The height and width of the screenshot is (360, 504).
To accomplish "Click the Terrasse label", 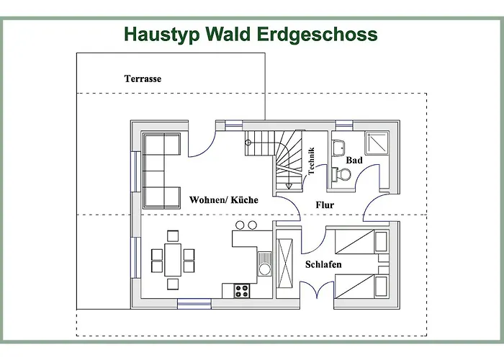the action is pyautogui.click(x=143, y=78).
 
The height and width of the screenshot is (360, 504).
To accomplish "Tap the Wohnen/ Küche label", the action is pyautogui.click(x=224, y=200).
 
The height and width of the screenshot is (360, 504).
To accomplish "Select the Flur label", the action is pyautogui.click(x=325, y=204).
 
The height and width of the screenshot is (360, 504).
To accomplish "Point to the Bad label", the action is pyautogui.click(x=354, y=160).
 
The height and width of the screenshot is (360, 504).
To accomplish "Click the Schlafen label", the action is pyautogui.click(x=323, y=264).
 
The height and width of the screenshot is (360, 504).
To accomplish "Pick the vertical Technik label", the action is pyautogui.click(x=311, y=161).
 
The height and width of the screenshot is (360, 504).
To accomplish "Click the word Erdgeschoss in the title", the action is pyautogui.click(x=317, y=35).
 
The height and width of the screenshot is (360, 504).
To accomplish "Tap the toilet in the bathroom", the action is pyautogui.click(x=341, y=174).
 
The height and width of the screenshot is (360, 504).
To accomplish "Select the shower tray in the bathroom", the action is pyautogui.click(x=377, y=143).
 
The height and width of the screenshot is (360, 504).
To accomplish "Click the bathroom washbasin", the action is pyautogui.click(x=338, y=148).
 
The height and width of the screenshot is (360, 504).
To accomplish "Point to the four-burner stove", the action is pyautogui.click(x=242, y=291).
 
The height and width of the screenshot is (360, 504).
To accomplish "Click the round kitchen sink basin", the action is pyautogui.click(x=265, y=269).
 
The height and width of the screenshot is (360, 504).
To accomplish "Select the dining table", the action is pyautogui.click(x=173, y=260).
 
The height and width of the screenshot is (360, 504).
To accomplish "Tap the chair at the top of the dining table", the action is pyautogui.click(x=173, y=236).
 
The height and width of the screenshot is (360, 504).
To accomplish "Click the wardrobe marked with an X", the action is pyautogui.click(x=285, y=264).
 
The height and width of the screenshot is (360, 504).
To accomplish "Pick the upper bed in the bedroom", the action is pyautogui.click(x=361, y=241).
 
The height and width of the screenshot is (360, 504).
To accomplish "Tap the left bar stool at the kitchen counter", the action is pyautogui.click(x=240, y=225).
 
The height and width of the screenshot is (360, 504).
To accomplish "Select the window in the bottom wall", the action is pyautogui.click(x=194, y=304).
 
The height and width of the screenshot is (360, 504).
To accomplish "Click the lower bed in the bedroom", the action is pyautogui.click(x=361, y=286).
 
